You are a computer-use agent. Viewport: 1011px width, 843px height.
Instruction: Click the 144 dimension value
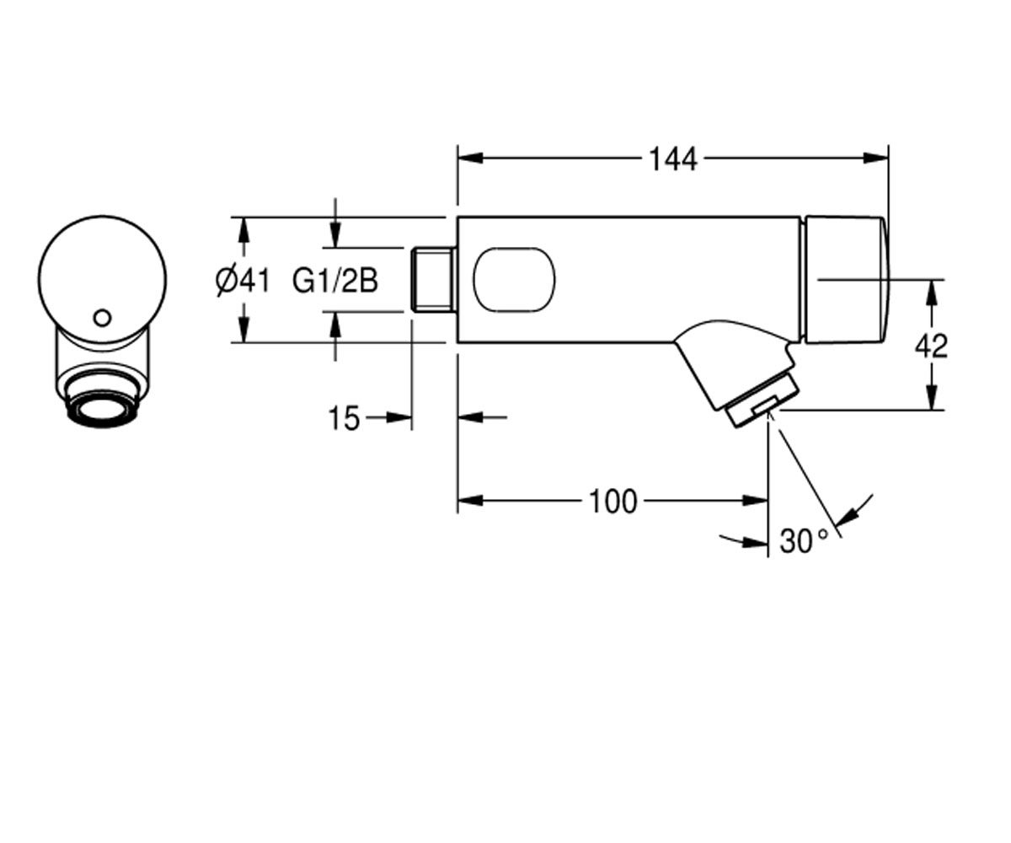coord(673,159)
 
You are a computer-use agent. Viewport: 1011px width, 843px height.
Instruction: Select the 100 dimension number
coord(612,502)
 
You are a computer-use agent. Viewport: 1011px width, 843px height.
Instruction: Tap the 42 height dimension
coord(931,346)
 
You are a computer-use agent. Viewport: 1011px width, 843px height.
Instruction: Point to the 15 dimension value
coord(344,418)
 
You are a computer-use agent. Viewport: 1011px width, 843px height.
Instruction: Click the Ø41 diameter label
coord(243,282)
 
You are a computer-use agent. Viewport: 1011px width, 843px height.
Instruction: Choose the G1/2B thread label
coord(335,282)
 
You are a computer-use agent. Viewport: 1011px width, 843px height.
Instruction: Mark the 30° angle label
coord(803,541)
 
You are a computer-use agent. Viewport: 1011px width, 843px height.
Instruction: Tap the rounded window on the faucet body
coord(514,280)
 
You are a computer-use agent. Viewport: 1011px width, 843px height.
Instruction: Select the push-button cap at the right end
coord(845,280)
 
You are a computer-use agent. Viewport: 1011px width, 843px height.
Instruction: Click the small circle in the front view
coord(103,318)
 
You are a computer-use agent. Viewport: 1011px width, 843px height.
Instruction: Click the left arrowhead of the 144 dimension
coord(470,158)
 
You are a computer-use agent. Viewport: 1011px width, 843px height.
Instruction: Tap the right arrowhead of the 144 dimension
coord(876,158)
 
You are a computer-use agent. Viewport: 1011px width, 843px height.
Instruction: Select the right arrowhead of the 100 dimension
coord(756,501)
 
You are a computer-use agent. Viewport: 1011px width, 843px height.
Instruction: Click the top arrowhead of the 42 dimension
coord(931,293)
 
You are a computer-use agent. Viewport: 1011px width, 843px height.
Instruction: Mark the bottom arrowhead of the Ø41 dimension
coord(243,330)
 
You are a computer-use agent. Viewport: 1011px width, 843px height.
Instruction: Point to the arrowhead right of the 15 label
coord(399,417)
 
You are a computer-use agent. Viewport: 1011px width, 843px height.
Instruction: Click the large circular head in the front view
coord(102,280)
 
